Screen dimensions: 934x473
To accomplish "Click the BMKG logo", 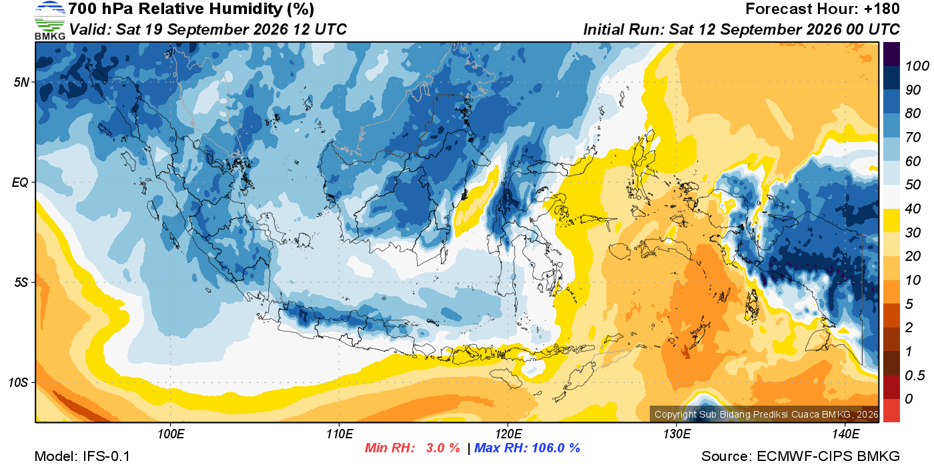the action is tap(49, 21).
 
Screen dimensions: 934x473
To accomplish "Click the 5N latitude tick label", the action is tap(21, 82).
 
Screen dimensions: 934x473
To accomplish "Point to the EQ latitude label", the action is tap(20, 182).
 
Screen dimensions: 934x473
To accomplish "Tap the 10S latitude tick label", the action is tap(19, 382).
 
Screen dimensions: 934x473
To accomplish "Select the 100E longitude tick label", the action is tap(171, 434).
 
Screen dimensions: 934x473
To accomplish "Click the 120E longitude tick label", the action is tap(508, 434).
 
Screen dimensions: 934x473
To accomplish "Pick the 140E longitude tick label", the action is tap(846, 434).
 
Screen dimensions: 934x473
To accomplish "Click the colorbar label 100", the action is tap(917, 66).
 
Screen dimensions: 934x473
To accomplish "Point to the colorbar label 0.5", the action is tap(915, 376).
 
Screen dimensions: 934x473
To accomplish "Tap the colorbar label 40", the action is tap(913, 209).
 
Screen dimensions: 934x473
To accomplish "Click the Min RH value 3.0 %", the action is tap(442, 448).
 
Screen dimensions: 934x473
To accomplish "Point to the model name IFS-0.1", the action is tap(106, 456).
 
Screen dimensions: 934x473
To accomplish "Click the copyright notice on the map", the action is tap(766, 414).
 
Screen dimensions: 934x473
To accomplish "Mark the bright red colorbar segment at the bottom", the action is tap(891, 411).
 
